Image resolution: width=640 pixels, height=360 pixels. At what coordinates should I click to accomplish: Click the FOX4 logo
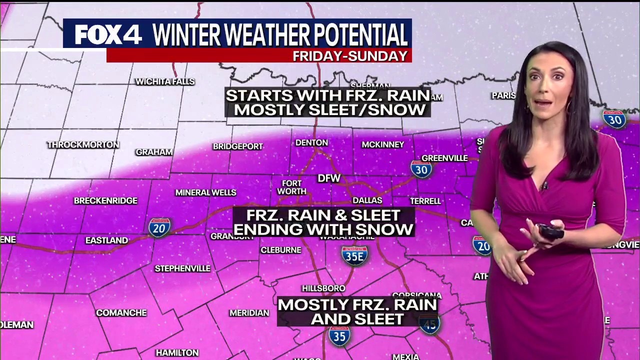(108, 34)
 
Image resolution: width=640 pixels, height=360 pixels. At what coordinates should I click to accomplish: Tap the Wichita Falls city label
(165, 81)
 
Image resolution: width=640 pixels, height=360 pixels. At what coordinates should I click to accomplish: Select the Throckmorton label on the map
(83, 145)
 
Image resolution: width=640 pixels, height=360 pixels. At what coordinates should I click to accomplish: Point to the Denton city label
(311, 143)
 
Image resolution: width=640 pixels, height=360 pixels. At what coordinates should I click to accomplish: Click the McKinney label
(382, 145)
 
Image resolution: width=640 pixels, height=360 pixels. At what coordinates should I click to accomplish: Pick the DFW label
(329, 178)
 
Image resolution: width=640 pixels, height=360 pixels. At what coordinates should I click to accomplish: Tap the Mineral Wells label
(205, 193)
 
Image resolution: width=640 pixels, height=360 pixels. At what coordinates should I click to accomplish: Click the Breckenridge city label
(105, 201)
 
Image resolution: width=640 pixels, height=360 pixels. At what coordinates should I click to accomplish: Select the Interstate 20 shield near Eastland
(159, 227)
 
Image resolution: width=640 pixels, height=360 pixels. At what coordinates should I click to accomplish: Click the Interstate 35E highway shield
(354, 255)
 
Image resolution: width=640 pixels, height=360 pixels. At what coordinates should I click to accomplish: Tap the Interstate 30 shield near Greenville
(421, 169)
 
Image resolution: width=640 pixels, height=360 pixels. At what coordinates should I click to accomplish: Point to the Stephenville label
(182, 269)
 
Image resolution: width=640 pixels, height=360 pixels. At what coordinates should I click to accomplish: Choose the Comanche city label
(121, 313)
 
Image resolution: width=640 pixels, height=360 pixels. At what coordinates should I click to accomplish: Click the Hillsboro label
(323, 288)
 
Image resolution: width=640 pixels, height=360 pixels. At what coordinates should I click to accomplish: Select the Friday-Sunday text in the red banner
(350, 56)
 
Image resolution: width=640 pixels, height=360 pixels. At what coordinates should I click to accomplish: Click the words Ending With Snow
(323, 229)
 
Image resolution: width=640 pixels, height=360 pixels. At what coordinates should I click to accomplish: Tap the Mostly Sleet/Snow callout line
(330, 110)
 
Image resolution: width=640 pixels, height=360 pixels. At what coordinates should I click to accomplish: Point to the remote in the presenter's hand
(550, 231)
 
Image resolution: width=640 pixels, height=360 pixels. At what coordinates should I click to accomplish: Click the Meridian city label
(249, 313)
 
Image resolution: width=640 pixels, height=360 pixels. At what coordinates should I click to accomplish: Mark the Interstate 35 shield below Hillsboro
(339, 336)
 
